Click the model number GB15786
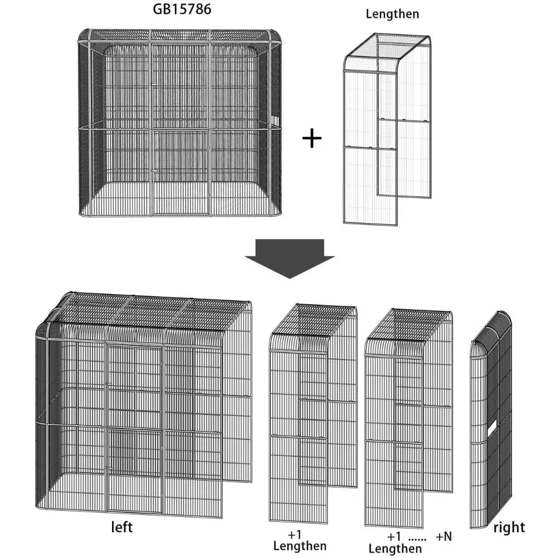pyautogui.click(x=182, y=9)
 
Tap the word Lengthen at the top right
pyautogui.click(x=392, y=15)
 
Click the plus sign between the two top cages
pyautogui.click(x=312, y=138)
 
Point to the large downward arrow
pyautogui.click(x=290, y=258)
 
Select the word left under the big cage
pyautogui.click(x=122, y=527)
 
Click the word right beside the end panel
pyautogui.click(x=509, y=527)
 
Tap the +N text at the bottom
pyautogui.click(x=444, y=536)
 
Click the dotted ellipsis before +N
pyautogui.click(x=417, y=540)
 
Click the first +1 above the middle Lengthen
pyautogui.click(x=295, y=535)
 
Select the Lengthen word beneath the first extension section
pyautogui.click(x=300, y=546)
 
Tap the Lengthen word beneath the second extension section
pyautogui.click(x=395, y=549)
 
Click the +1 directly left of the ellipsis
pyautogui.click(x=395, y=536)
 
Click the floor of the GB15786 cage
pyautogui.click(x=180, y=199)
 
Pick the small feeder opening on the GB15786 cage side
pyautogui.click(x=276, y=120)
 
